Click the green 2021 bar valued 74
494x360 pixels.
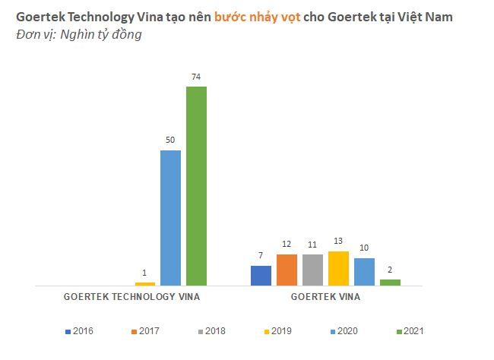coord(196,186)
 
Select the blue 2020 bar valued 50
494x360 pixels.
coord(170,218)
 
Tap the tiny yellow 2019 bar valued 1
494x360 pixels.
coord(144,284)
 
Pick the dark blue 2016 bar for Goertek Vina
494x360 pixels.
coord(261,276)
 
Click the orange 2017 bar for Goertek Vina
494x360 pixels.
coord(287,270)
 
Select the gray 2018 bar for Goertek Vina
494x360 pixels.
coord(312,270)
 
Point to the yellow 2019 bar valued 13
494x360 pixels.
coord(338,268)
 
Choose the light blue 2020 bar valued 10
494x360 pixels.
coord(364,272)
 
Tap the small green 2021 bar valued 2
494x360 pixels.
coord(390,283)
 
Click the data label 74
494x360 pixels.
coord(196,77)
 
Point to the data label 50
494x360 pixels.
coord(170,141)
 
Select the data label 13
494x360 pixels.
coord(338,242)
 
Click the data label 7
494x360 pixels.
coord(261,256)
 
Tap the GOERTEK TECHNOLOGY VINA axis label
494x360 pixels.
coord(131,297)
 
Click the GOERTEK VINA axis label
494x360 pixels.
coord(325,297)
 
